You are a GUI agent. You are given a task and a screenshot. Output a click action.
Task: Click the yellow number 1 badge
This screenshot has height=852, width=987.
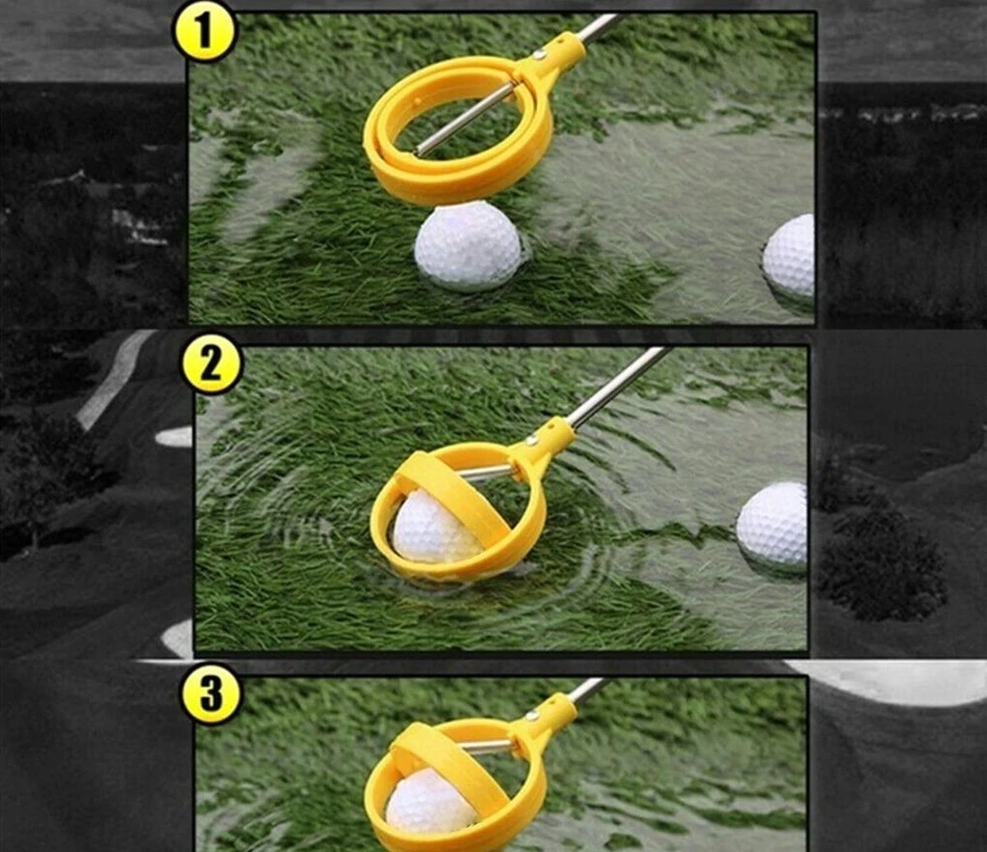(x=204, y=33)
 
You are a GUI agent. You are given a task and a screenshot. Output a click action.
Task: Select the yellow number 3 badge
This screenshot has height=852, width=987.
(x=211, y=696)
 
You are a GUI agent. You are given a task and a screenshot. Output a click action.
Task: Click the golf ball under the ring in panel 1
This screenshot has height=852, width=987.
(x=467, y=246)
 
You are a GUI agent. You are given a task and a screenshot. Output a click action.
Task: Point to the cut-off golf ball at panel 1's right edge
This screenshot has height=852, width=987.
(x=789, y=256)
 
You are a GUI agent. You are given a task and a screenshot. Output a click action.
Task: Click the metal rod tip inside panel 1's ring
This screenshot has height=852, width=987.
(x=420, y=150)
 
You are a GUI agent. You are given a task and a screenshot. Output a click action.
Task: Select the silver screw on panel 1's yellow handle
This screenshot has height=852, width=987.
(x=540, y=55)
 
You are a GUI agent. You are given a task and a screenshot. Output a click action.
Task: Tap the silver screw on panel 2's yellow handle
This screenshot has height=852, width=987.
(x=532, y=442)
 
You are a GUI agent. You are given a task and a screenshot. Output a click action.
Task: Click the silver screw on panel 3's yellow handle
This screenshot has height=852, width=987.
(x=532, y=715)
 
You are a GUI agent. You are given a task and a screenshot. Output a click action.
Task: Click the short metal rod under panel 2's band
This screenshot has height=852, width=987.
(x=484, y=472)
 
